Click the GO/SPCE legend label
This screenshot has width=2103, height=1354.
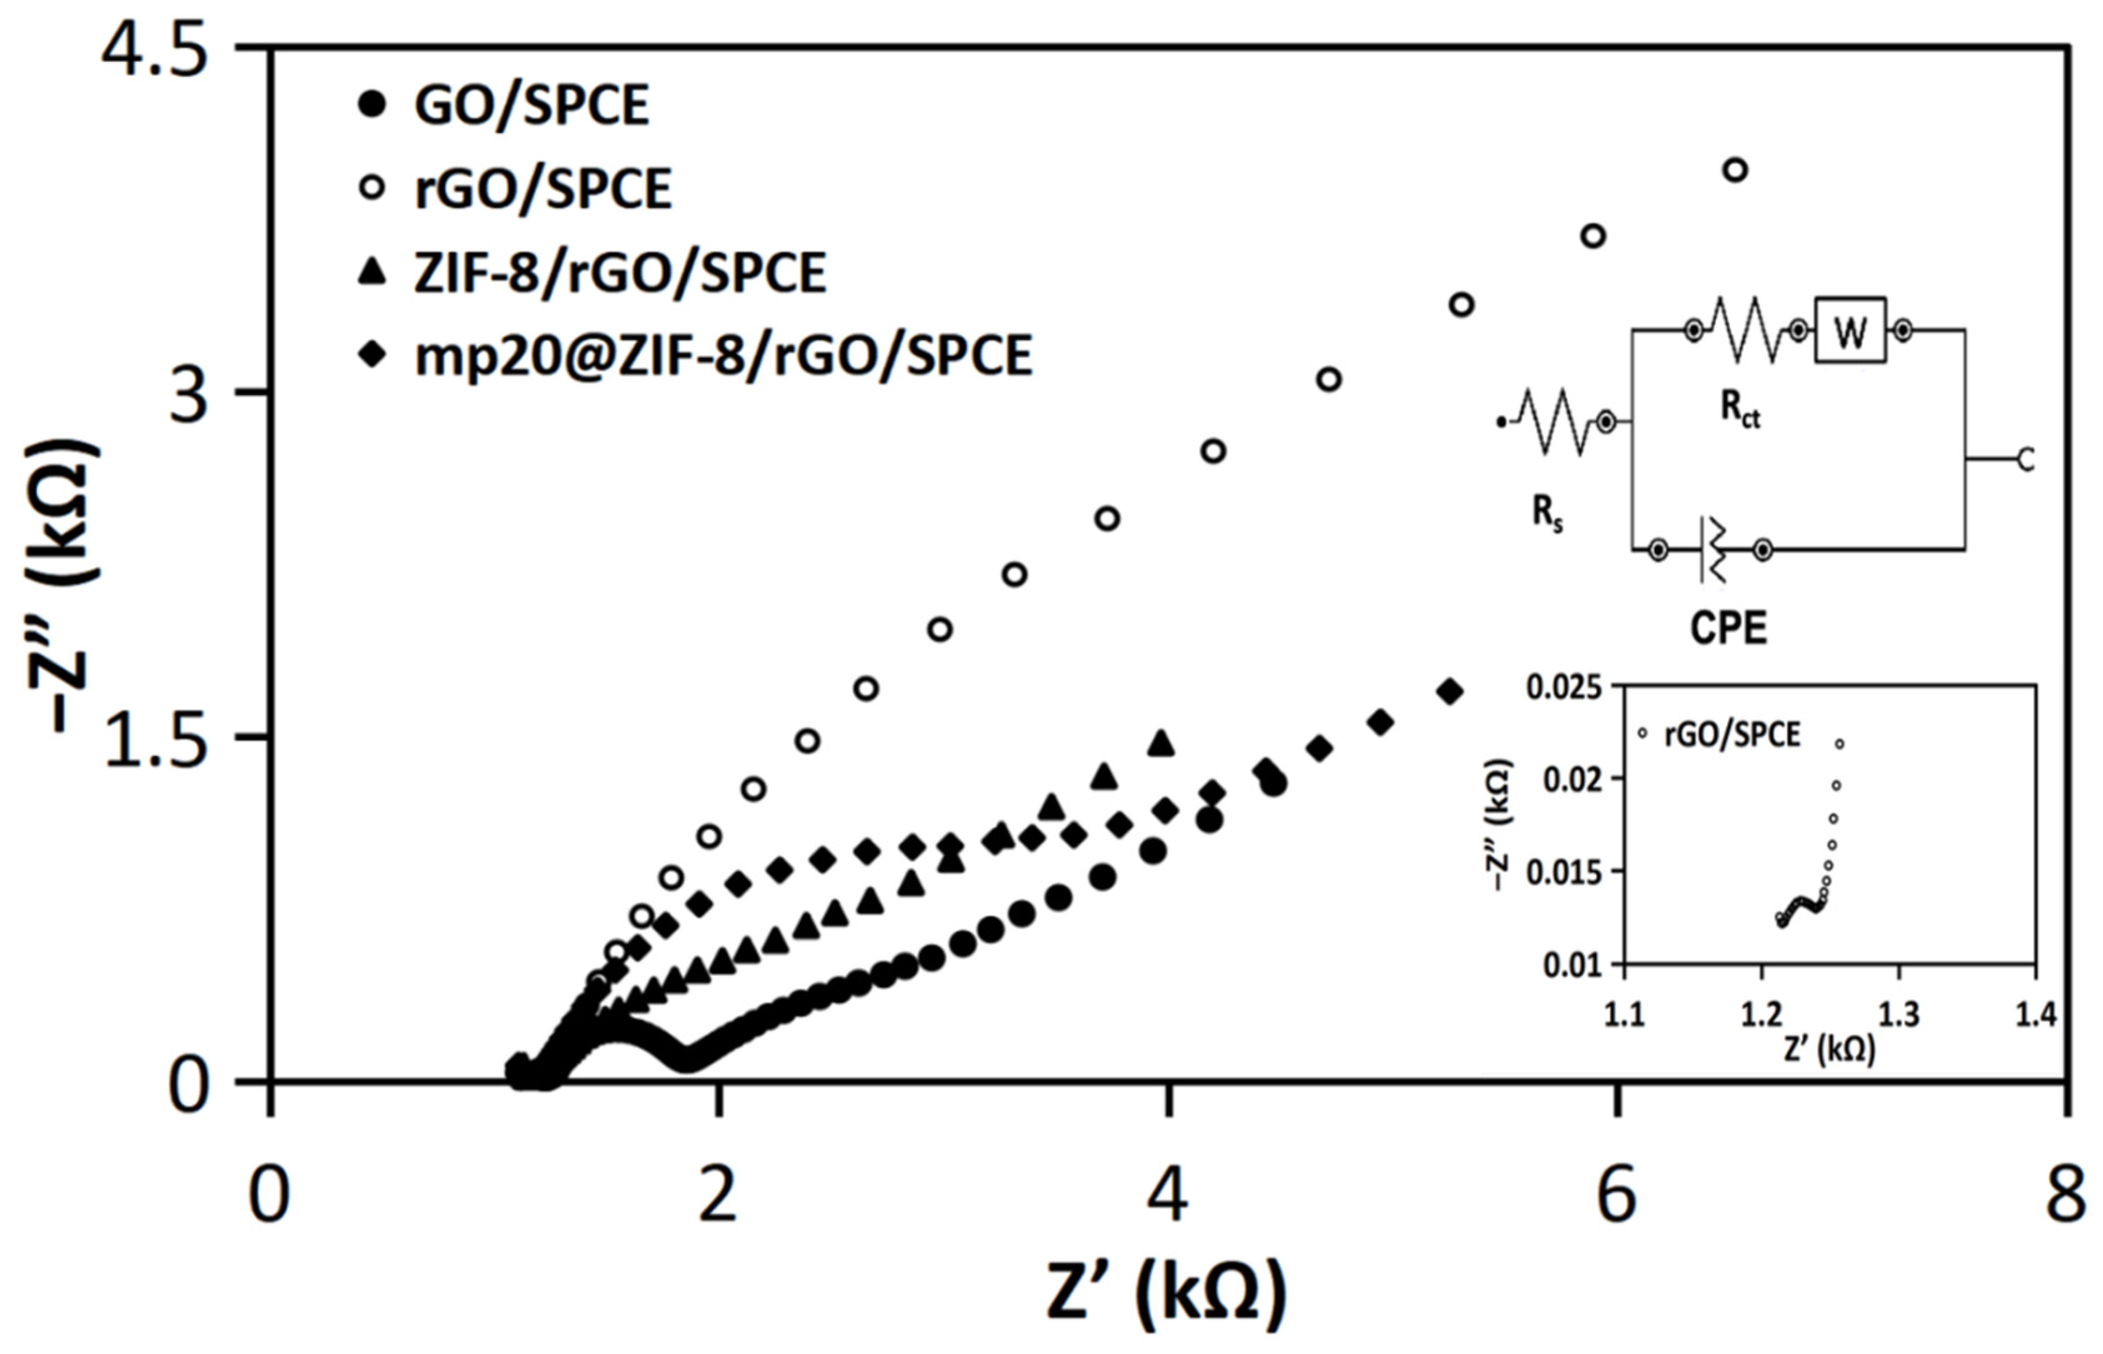pos(531,105)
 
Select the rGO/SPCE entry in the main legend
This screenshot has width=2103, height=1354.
pos(542,189)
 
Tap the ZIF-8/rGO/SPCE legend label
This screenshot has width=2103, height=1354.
pos(620,273)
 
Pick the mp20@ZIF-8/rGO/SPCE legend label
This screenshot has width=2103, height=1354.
pos(723,356)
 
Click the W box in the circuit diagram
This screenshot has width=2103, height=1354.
pos(1850,331)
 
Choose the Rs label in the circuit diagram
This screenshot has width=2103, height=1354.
pos(1547,513)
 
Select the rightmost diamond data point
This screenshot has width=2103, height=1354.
pos(1450,692)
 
